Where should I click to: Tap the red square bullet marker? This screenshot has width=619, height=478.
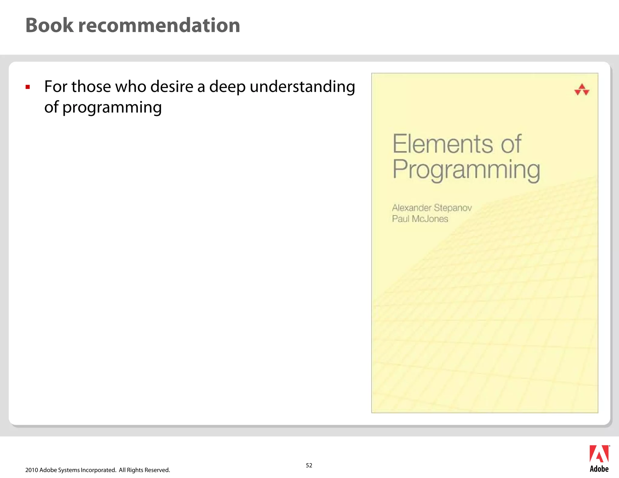coord(28,87)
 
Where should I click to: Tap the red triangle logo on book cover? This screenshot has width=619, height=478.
coord(582,90)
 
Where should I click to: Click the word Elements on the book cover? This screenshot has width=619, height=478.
coord(442,144)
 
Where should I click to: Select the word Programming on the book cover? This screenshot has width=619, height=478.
coord(466,170)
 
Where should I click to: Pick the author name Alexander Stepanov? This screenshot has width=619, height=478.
coord(432,208)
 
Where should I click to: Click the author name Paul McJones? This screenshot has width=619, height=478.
coord(420,219)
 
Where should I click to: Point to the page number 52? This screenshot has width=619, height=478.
coord(309,465)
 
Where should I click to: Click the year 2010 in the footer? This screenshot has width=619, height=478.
coord(32,470)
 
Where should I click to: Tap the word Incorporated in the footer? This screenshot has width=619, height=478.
coord(99,470)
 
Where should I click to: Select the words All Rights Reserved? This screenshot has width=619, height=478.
coord(144,470)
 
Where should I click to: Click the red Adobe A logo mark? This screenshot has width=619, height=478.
coord(599,454)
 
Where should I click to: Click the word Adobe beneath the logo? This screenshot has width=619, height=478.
coord(599,469)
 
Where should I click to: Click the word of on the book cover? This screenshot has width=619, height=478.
coord(511,144)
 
